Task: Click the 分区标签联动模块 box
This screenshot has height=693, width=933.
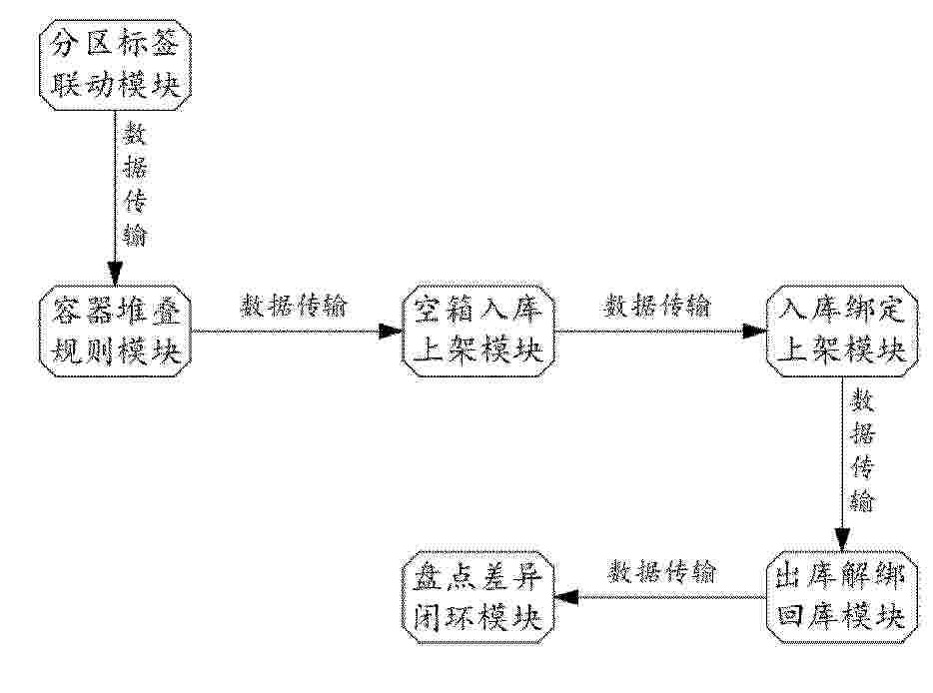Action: click(116, 64)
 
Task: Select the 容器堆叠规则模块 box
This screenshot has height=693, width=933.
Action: click(116, 331)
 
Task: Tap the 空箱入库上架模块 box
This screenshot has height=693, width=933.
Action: click(477, 331)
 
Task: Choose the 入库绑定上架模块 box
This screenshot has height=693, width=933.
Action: click(841, 331)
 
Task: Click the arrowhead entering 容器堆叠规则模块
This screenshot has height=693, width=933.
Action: click(116, 274)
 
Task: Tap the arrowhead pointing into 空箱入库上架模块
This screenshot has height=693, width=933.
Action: click(391, 332)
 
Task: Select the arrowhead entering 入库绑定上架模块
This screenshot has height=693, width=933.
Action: click(754, 332)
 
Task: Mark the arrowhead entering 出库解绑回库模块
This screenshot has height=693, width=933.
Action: click(842, 539)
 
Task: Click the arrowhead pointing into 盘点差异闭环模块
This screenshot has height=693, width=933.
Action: click(566, 596)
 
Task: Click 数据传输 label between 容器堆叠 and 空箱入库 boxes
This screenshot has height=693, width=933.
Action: click(294, 307)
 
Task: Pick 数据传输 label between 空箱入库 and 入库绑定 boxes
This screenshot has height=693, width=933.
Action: click(657, 307)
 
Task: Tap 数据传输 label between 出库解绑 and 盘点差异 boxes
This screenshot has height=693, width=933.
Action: click(661, 572)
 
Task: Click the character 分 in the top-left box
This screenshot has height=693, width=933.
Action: click(64, 44)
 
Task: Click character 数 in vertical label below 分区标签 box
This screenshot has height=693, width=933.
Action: click(135, 135)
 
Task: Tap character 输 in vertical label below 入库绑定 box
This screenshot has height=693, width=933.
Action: click(862, 500)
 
